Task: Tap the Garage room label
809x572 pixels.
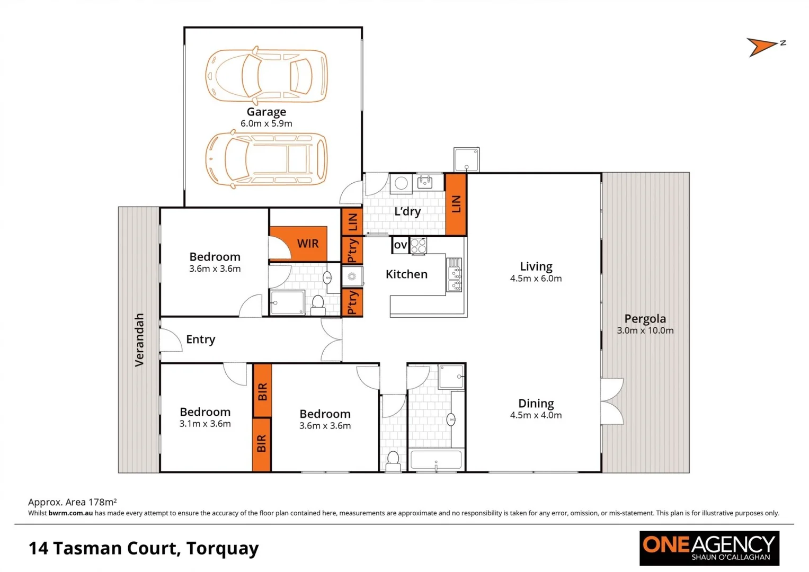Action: coord(266,112)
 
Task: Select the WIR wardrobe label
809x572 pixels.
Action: coord(308,244)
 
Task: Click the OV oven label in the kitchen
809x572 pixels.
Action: coord(400,245)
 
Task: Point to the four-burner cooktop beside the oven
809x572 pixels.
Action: coord(418,246)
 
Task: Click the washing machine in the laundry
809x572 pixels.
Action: coord(401,183)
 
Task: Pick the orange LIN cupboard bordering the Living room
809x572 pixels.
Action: coord(456,204)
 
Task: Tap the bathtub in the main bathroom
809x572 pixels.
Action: coord(436,459)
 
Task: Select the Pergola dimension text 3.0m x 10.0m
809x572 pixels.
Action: coord(645,330)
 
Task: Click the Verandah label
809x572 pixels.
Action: coord(139,339)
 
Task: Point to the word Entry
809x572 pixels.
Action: coord(200,339)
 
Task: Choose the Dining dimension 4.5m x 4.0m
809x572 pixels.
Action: coord(536,415)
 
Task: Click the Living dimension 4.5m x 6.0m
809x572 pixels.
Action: coord(536,279)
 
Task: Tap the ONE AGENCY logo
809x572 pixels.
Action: coord(709,548)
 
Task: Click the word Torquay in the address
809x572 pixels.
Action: coord(223,548)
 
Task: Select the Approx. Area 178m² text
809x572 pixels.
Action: coord(72,502)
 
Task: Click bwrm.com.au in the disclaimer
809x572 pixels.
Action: coord(70,513)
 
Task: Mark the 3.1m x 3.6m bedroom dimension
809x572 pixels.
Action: coord(205,424)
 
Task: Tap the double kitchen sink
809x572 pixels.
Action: coord(455,275)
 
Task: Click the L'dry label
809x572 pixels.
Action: coord(407,211)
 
